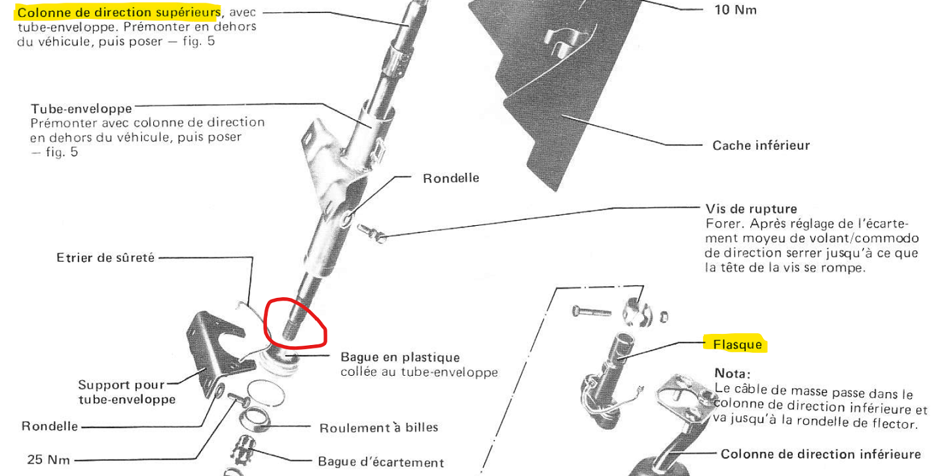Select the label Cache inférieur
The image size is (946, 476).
(x=761, y=145)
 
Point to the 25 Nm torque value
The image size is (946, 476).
(x=49, y=459)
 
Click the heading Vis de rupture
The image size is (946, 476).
(x=751, y=209)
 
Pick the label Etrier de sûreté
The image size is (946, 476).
(x=105, y=257)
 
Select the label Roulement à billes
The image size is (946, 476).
(x=378, y=428)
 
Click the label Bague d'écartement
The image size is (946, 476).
(x=380, y=462)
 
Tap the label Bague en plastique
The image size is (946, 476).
(x=400, y=357)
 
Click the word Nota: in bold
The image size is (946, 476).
(x=732, y=373)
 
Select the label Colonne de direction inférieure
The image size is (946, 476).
(x=820, y=454)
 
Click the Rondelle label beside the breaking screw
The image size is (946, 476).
(x=451, y=178)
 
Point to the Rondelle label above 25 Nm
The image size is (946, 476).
(x=50, y=426)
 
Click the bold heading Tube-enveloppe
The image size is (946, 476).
(x=81, y=108)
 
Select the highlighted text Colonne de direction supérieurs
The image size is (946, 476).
(x=118, y=12)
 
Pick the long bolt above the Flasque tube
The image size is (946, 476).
(x=591, y=312)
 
